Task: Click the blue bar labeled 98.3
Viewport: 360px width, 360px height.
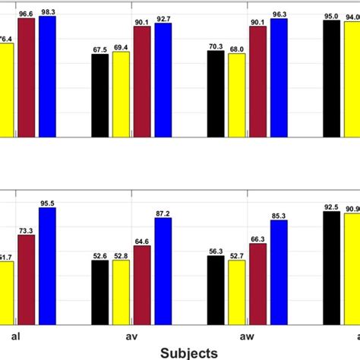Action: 47,77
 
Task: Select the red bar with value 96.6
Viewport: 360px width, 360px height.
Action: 27,77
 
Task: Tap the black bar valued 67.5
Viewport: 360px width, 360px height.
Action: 100,96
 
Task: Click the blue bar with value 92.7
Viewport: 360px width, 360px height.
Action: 163,81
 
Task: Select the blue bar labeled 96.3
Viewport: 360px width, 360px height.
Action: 279,78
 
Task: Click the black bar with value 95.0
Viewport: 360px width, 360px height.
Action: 331,79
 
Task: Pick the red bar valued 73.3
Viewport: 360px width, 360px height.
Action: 27,279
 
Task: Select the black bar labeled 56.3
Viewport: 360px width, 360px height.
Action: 216,289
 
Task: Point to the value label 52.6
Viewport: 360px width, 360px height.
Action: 100,256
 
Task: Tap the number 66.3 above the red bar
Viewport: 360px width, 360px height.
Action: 257,238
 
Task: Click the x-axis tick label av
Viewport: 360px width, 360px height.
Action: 131,334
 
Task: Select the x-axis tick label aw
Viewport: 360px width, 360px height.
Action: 247,334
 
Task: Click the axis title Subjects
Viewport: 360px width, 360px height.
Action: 188,352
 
